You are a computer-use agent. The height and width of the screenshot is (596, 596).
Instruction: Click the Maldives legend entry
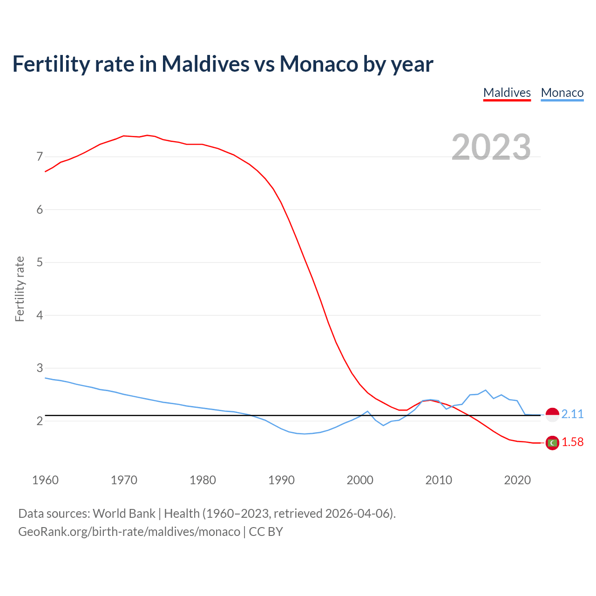pyautogui.click(x=507, y=93)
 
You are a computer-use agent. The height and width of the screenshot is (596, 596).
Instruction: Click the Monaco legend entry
pyautogui.click(x=562, y=93)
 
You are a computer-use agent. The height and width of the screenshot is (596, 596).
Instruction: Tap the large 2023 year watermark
pyautogui.click(x=491, y=147)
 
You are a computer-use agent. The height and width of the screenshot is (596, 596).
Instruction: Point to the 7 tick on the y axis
pyautogui.click(x=40, y=156)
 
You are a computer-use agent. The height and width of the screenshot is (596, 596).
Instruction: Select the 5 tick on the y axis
pyautogui.click(x=40, y=262)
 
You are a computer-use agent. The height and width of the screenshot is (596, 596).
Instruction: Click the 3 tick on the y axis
pyautogui.click(x=40, y=368)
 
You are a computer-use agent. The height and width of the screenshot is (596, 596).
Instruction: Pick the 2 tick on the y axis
pyautogui.click(x=40, y=421)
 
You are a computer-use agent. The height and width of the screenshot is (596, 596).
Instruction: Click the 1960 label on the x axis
pyautogui.click(x=45, y=480)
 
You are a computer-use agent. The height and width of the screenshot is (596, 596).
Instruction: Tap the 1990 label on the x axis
pyautogui.click(x=281, y=480)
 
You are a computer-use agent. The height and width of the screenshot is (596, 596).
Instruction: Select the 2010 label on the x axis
pyautogui.click(x=439, y=480)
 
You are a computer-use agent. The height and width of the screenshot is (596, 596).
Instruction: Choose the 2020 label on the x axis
pyautogui.click(x=517, y=480)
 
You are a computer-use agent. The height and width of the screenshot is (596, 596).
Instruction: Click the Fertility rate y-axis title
pyautogui.click(x=20, y=289)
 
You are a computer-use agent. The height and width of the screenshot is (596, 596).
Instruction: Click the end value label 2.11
pyautogui.click(x=572, y=414)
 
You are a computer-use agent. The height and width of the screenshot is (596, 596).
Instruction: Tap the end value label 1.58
pyautogui.click(x=572, y=442)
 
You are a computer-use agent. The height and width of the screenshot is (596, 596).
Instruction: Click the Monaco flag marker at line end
pyautogui.click(x=552, y=414)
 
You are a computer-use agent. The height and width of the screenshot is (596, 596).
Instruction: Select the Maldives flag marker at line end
pyautogui.click(x=552, y=443)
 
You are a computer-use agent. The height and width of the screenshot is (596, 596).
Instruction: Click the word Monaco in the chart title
pyautogui.click(x=318, y=64)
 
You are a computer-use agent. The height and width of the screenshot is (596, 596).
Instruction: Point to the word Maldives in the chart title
pyautogui.click(x=205, y=64)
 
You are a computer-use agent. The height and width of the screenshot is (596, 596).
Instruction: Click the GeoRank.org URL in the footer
pyautogui.click(x=129, y=531)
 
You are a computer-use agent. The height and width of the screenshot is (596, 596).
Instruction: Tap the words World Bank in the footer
pyautogui.click(x=124, y=513)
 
